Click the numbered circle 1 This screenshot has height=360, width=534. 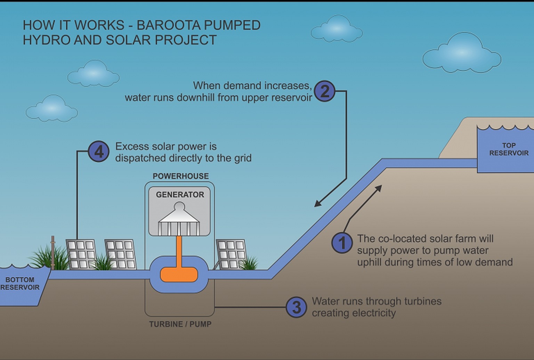[x=342, y=243]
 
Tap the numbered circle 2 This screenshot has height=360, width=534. [x=324, y=91]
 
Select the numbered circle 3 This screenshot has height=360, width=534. [x=296, y=307]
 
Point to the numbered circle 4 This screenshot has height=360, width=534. [x=99, y=152]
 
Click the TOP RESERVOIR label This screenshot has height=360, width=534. [x=509, y=149]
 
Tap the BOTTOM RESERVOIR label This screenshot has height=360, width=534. [x=20, y=284]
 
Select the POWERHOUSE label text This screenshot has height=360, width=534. [x=181, y=176]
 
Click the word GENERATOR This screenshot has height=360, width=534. [x=180, y=195]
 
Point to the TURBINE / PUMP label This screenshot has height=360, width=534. [x=180, y=324]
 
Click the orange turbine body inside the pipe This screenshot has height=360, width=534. [x=179, y=275]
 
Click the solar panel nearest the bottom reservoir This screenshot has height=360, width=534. [x=81, y=254]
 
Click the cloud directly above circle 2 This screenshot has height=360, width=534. [x=337, y=30]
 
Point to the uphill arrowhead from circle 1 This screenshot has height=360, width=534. [x=379, y=188]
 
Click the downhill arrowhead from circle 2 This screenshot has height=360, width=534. [x=317, y=204]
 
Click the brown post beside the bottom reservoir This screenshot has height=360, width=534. [x=53, y=253]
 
